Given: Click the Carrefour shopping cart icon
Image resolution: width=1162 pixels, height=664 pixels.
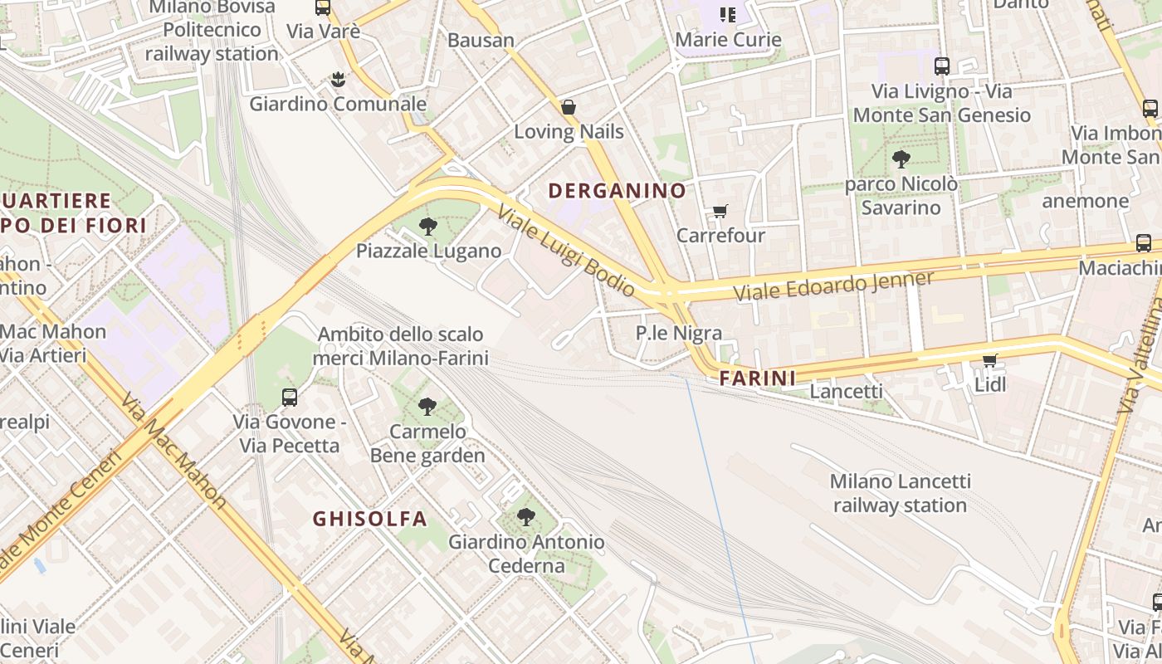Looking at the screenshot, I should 720,212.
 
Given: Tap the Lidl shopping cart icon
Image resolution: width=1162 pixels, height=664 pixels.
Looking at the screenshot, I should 989,360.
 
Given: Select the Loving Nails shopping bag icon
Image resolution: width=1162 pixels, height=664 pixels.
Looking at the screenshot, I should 569,107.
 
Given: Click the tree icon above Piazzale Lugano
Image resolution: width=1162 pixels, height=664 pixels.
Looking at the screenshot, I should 428,226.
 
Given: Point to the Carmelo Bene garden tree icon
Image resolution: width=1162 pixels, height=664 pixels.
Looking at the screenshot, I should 427,407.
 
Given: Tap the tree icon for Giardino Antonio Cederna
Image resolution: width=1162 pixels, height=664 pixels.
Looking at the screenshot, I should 526,517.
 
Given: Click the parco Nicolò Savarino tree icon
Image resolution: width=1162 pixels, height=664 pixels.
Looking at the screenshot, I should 901,159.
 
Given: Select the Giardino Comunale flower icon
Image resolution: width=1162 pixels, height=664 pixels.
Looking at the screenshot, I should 338,80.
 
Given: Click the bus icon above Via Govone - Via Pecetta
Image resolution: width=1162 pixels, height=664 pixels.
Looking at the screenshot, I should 290,398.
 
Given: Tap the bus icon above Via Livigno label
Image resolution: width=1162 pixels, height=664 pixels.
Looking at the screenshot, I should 942,66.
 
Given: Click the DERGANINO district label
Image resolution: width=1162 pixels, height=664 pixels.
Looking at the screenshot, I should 618,191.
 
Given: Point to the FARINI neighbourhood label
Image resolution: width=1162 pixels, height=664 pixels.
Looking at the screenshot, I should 758,378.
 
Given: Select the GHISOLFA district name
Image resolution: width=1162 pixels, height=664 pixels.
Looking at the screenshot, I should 370,519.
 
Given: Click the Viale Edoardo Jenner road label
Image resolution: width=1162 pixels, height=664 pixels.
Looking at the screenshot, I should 833,286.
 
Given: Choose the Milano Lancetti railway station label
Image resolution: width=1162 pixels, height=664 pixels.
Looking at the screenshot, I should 901,493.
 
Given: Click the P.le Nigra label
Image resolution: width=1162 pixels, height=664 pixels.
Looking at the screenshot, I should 679,333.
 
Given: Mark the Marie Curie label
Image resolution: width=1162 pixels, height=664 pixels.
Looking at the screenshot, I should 729,39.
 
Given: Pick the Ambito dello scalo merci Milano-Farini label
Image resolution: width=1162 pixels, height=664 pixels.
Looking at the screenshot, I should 401,346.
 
